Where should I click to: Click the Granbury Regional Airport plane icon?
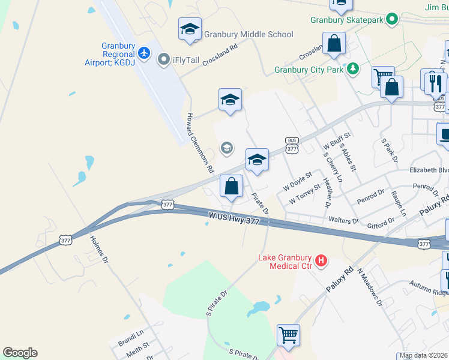tap(143, 53)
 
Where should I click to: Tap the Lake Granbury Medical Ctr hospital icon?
tap(322, 261)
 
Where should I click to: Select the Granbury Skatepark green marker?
tap(393, 20)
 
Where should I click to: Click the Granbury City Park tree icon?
tap(354, 70)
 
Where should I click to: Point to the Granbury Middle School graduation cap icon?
tap(190, 29)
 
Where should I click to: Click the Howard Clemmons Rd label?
tap(200, 143)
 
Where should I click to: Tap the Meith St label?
tap(137, 347)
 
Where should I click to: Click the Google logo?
tap(20, 353)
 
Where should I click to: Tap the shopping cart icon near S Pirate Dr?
tap(288, 335)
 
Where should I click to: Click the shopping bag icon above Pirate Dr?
tap(231, 187)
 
